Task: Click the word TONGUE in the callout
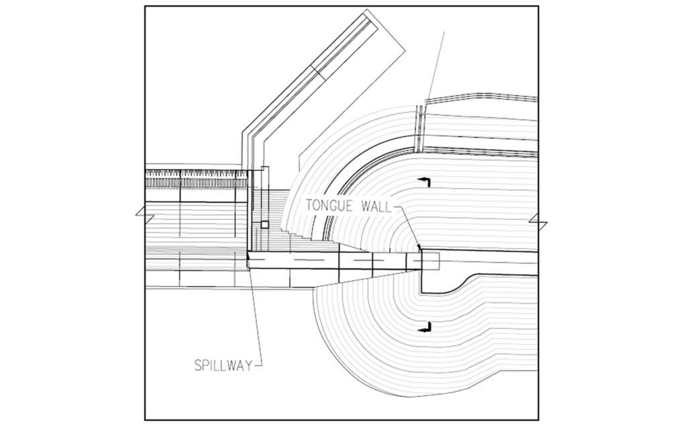click(x=331, y=206)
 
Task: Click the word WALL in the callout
click(x=376, y=206)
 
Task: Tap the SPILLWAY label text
click(x=224, y=365)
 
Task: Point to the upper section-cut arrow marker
click(x=425, y=181)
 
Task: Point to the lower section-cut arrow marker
click(x=425, y=327)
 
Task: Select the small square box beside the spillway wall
click(x=264, y=224)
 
